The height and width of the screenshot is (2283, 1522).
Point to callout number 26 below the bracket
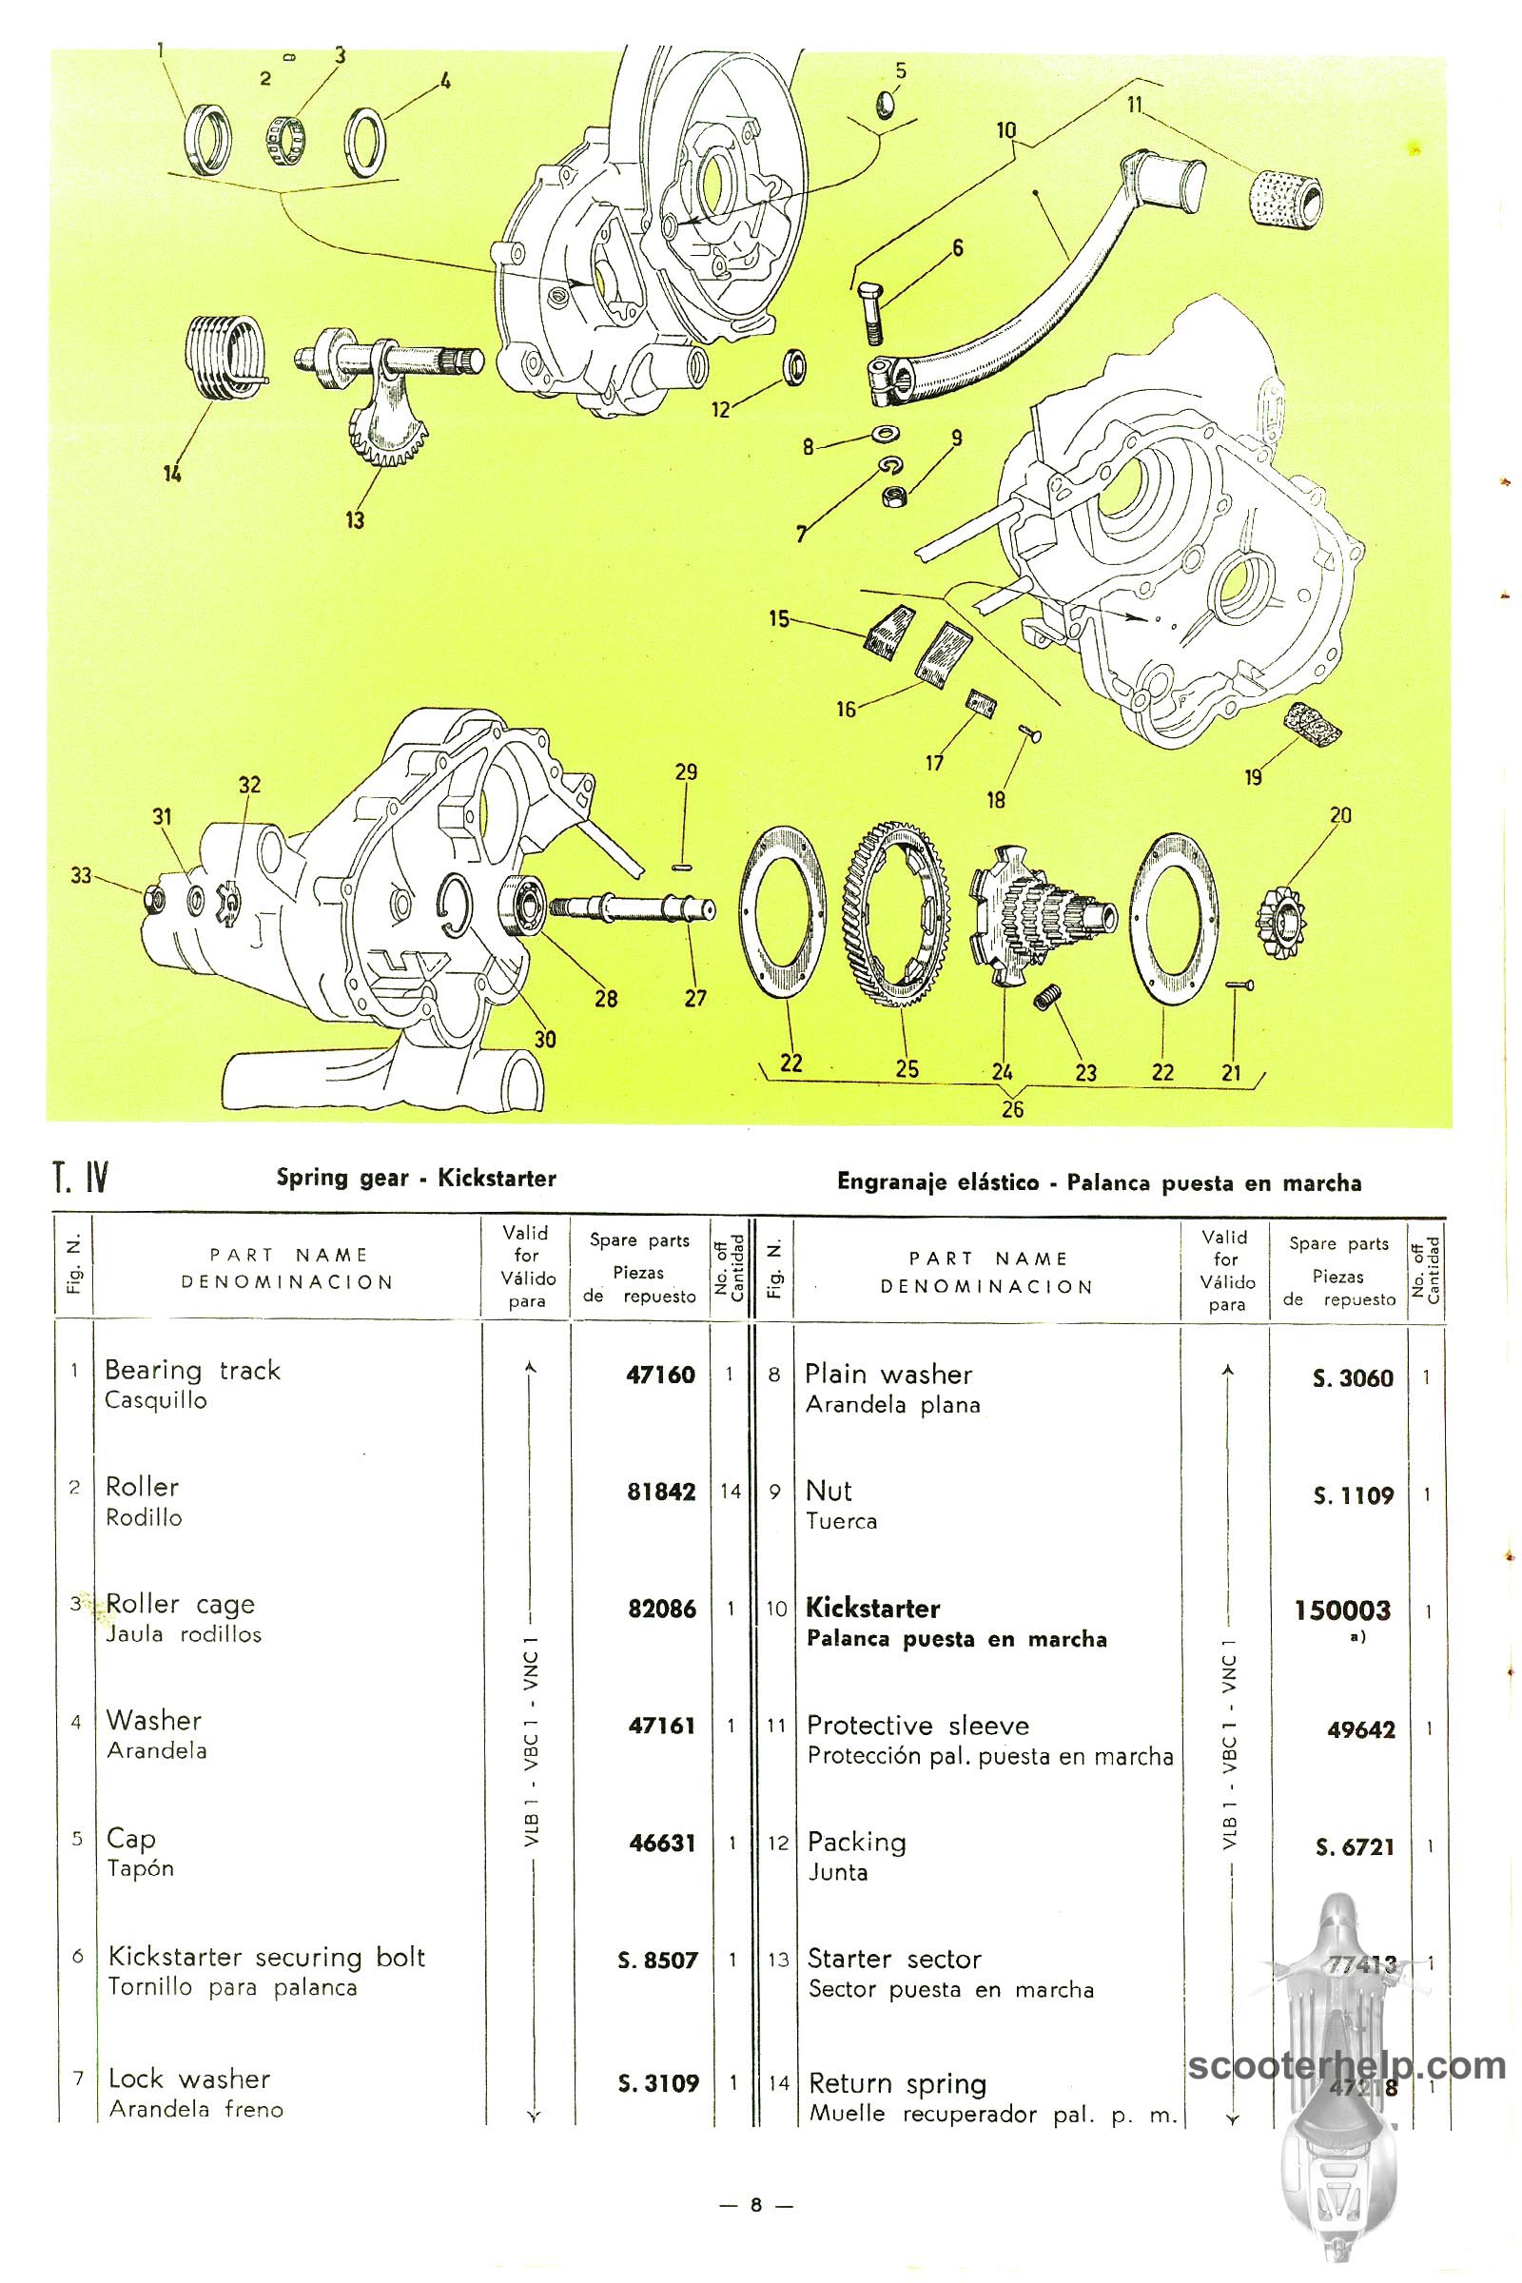(1012, 1107)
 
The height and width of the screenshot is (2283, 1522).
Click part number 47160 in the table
(661, 1375)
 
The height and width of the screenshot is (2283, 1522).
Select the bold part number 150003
(1342, 1610)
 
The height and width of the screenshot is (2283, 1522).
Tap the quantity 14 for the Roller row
(730, 1491)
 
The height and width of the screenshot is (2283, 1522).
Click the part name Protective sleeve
(917, 1725)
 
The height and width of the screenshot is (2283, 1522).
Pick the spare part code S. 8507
(657, 1960)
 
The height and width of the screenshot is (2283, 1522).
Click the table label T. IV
(81, 1180)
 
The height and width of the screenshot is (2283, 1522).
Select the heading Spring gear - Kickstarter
(417, 1179)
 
